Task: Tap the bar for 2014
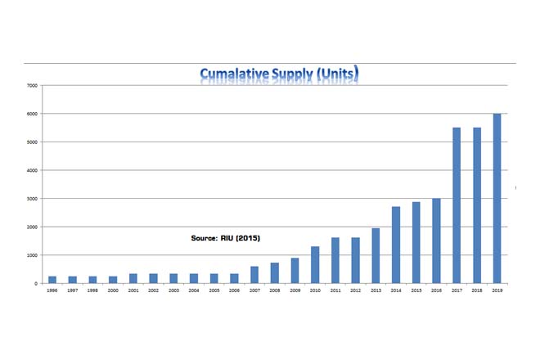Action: click(x=396, y=245)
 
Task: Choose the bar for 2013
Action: click(x=376, y=256)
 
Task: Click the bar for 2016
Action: click(x=436, y=241)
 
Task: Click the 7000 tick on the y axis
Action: click(x=33, y=85)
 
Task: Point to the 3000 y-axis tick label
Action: click(x=33, y=199)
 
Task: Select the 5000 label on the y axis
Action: click(x=33, y=142)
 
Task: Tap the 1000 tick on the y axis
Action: click(x=33, y=255)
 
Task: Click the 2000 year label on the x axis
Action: click(x=113, y=290)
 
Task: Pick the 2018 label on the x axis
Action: click(x=477, y=290)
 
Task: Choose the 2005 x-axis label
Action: click(x=214, y=290)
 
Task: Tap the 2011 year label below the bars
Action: click(x=335, y=290)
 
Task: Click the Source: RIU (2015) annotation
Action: click(x=225, y=238)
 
